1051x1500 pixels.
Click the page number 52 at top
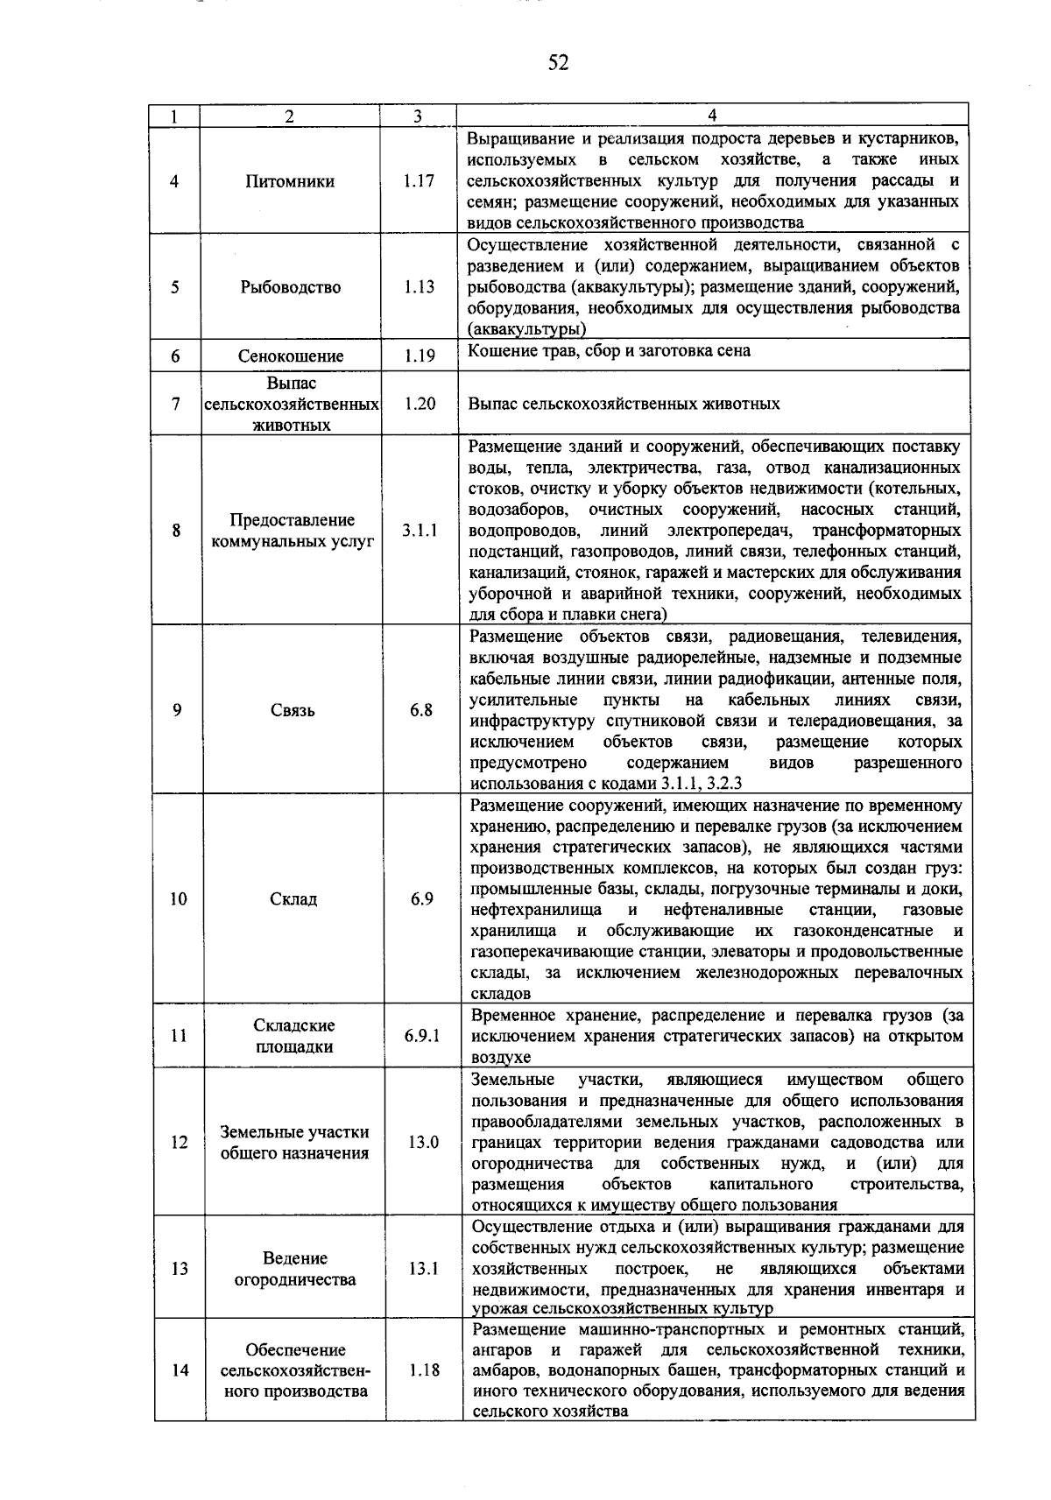(558, 62)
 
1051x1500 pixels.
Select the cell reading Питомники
(290, 181)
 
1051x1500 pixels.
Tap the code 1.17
(419, 181)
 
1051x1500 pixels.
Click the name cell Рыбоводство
(291, 287)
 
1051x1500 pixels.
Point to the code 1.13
(419, 287)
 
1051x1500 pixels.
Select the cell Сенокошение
(291, 356)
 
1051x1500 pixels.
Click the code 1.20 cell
(420, 404)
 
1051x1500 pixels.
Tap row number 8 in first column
(177, 530)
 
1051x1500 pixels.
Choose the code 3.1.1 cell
(420, 530)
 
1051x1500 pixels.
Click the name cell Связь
(293, 710)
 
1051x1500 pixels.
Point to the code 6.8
(421, 710)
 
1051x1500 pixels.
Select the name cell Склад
(293, 899)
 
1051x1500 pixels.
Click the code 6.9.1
(422, 1036)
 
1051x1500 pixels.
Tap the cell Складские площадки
(294, 1036)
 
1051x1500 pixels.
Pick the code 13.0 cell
(422, 1143)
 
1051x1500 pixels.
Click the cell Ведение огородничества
(295, 1269)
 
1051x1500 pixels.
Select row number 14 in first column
(180, 1370)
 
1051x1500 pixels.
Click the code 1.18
(424, 1370)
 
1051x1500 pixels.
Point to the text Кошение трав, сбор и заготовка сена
(609, 351)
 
